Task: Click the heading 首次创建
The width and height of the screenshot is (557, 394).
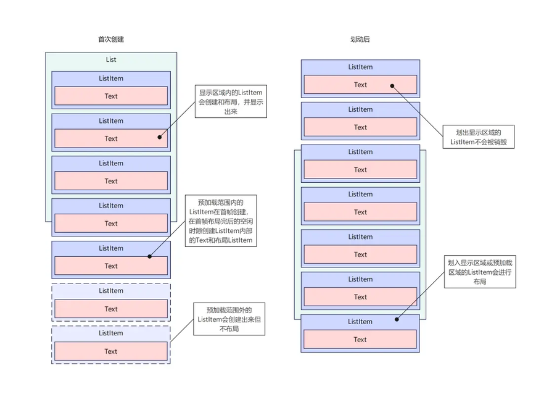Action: click(x=111, y=39)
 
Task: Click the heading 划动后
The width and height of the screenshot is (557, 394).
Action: click(x=360, y=39)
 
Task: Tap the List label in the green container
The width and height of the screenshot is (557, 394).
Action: click(x=111, y=59)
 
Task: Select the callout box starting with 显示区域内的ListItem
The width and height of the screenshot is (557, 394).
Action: click(x=231, y=101)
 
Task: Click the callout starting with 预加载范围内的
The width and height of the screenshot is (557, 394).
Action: click(x=221, y=221)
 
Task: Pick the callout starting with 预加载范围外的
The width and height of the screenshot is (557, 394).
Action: click(x=229, y=319)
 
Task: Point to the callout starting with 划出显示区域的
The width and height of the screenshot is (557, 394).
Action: click(x=479, y=137)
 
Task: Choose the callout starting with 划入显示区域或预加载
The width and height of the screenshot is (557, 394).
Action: click(x=480, y=272)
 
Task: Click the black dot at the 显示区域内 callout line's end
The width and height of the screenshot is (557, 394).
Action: click(x=160, y=137)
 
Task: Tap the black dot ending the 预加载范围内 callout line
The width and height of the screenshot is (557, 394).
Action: click(x=149, y=256)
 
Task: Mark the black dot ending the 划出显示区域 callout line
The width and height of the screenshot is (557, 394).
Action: click(x=392, y=86)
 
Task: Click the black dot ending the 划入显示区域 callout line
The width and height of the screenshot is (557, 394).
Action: click(x=397, y=319)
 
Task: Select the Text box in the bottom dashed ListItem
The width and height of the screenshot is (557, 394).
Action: click(x=111, y=351)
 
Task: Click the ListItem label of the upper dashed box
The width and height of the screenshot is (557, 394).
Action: click(x=111, y=290)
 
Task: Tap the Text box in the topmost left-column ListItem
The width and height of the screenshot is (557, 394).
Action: click(x=111, y=96)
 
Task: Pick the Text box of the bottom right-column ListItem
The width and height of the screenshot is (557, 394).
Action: click(x=360, y=339)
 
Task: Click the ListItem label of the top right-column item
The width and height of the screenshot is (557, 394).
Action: click(x=360, y=67)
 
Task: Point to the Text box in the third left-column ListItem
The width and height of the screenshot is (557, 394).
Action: click(x=111, y=181)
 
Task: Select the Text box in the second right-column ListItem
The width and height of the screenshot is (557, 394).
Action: click(x=360, y=127)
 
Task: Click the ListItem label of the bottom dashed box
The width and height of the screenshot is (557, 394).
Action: click(x=111, y=333)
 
